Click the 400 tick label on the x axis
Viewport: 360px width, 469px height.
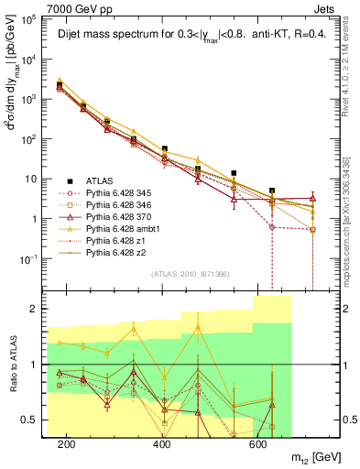tap(162, 444)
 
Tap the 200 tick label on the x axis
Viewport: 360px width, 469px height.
tap(66, 444)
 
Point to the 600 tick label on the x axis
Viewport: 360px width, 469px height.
tap(257, 444)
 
